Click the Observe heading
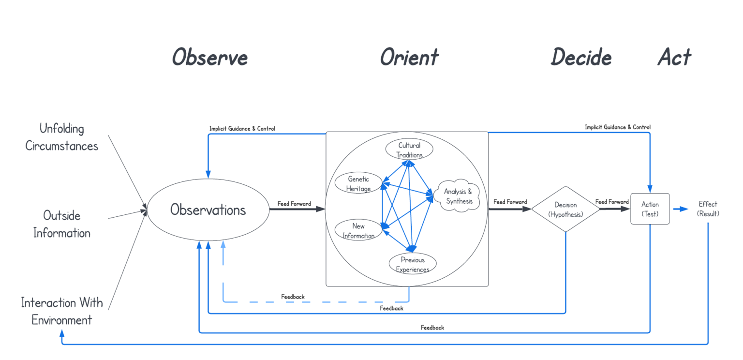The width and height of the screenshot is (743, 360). click(210, 57)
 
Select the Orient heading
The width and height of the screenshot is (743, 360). click(409, 57)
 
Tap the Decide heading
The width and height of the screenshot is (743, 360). click(581, 57)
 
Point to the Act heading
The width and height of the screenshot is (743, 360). click(674, 57)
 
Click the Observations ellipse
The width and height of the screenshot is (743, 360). click(208, 210)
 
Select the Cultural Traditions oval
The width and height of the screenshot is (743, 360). click(409, 150)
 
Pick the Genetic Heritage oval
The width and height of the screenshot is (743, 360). click(358, 184)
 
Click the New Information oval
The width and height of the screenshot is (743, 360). click(358, 230)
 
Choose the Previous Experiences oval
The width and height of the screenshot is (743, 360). click(413, 264)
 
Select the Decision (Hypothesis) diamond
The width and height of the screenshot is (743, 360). click(565, 209)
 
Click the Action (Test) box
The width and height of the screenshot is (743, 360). click(650, 209)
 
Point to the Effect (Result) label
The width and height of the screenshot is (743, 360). click(708, 209)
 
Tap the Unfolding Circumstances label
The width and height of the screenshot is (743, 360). click(62, 137)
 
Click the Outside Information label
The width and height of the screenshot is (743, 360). click(62, 224)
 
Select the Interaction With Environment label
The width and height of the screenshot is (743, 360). click(62, 311)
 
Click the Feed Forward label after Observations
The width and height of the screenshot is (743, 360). click(294, 204)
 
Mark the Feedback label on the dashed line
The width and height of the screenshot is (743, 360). click(293, 296)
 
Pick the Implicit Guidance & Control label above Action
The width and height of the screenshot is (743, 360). click(617, 127)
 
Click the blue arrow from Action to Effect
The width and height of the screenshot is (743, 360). click(681, 209)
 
